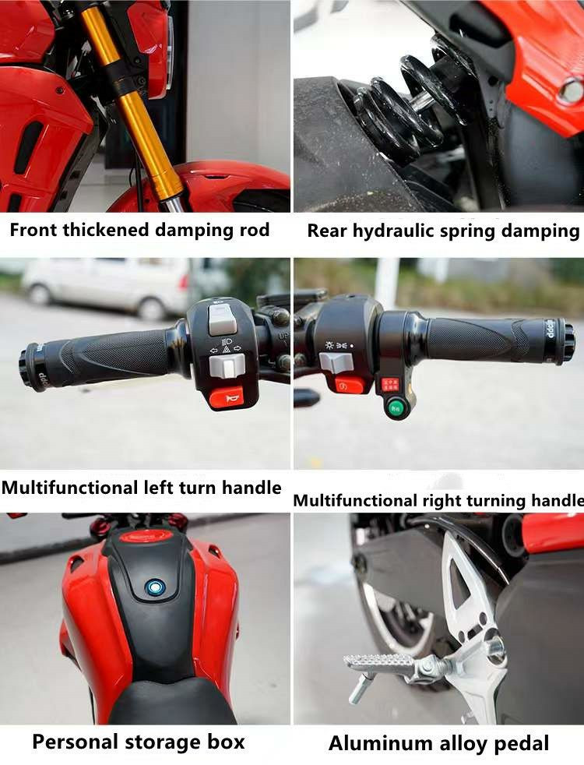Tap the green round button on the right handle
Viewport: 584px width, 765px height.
[395, 407]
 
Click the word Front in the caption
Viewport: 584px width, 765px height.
[33, 230]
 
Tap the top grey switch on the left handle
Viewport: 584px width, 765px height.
[222, 319]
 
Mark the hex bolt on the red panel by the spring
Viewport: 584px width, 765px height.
[570, 90]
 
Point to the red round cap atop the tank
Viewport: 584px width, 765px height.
[146, 536]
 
